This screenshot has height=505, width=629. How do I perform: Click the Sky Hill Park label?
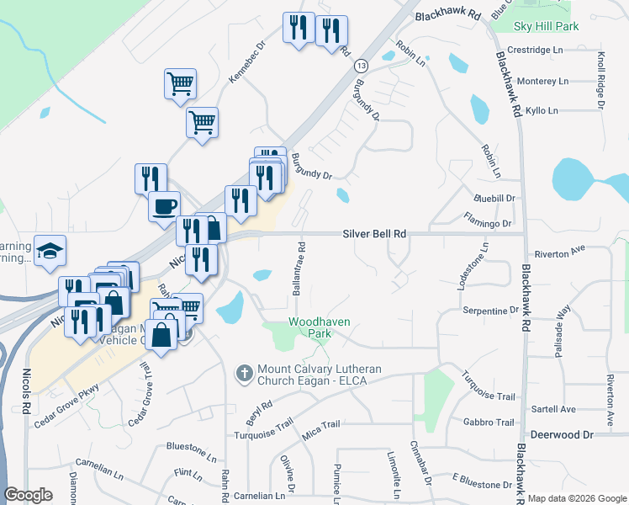click(x=546, y=27)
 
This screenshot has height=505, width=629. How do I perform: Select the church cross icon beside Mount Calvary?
click(x=245, y=371)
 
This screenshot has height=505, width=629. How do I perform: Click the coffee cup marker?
click(x=164, y=205)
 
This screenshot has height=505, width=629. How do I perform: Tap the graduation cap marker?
click(x=50, y=250)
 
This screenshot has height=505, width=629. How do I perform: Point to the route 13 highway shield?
click(x=361, y=65)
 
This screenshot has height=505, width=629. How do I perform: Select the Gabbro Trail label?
click(x=488, y=423)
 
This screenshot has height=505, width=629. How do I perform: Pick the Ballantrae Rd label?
click(x=299, y=268)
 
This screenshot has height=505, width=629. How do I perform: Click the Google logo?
click(x=29, y=495)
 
